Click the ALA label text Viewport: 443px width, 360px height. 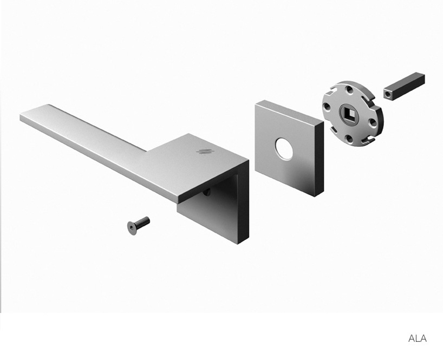pyautogui.click(x=418, y=338)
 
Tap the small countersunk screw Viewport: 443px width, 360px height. pyautogui.click(x=139, y=225)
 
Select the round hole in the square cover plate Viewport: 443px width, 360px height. pyautogui.click(x=284, y=149)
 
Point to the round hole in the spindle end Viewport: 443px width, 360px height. pyautogui.click(x=387, y=94)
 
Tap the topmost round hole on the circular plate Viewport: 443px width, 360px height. pyautogui.click(x=350, y=90)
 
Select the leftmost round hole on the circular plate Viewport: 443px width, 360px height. pyautogui.click(x=327, y=107)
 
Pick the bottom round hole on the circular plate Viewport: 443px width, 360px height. pyautogui.click(x=350, y=139)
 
